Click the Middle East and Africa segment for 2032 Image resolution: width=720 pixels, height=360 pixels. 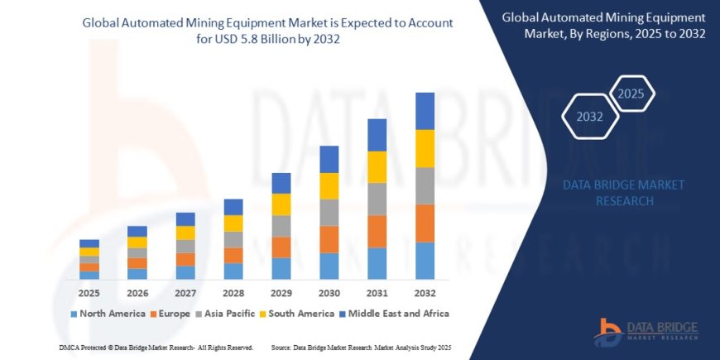point(425,111)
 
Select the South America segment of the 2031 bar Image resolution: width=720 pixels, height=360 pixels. point(377,167)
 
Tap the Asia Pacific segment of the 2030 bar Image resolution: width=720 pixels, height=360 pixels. point(329,213)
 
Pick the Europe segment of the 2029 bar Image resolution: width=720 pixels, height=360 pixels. point(281,247)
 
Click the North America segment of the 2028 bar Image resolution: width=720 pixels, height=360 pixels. point(233,271)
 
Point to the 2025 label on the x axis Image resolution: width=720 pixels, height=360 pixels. point(89,293)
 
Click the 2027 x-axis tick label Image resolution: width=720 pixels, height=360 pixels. point(185,293)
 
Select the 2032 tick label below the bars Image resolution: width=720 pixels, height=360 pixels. point(425,293)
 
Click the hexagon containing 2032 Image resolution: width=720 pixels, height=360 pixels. point(589,117)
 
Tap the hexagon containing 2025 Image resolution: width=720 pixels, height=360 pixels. point(631,93)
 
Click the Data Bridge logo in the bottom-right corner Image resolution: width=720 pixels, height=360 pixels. point(650,329)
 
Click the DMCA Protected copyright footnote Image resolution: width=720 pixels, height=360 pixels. point(156,348)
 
